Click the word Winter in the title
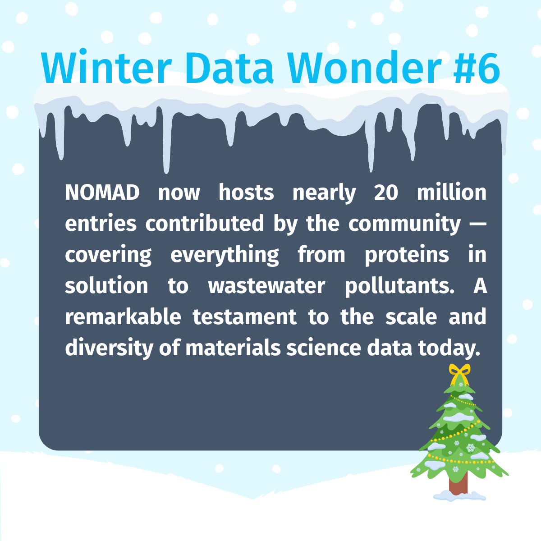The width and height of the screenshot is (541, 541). coord(106,67)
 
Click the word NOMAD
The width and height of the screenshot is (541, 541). coord(102,193)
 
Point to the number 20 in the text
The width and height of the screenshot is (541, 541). coord(386,193)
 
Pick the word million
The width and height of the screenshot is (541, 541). coord(451,193)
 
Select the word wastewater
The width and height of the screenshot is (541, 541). coord(266,286)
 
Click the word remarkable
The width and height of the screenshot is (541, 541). coord(123,316)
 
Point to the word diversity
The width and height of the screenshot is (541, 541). coord(109,348)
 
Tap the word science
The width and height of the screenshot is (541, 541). coord(324,348)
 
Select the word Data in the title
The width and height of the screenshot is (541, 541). coord(229,67)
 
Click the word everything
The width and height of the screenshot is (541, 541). coord(225,255)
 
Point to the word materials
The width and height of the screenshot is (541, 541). coord(233,348)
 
